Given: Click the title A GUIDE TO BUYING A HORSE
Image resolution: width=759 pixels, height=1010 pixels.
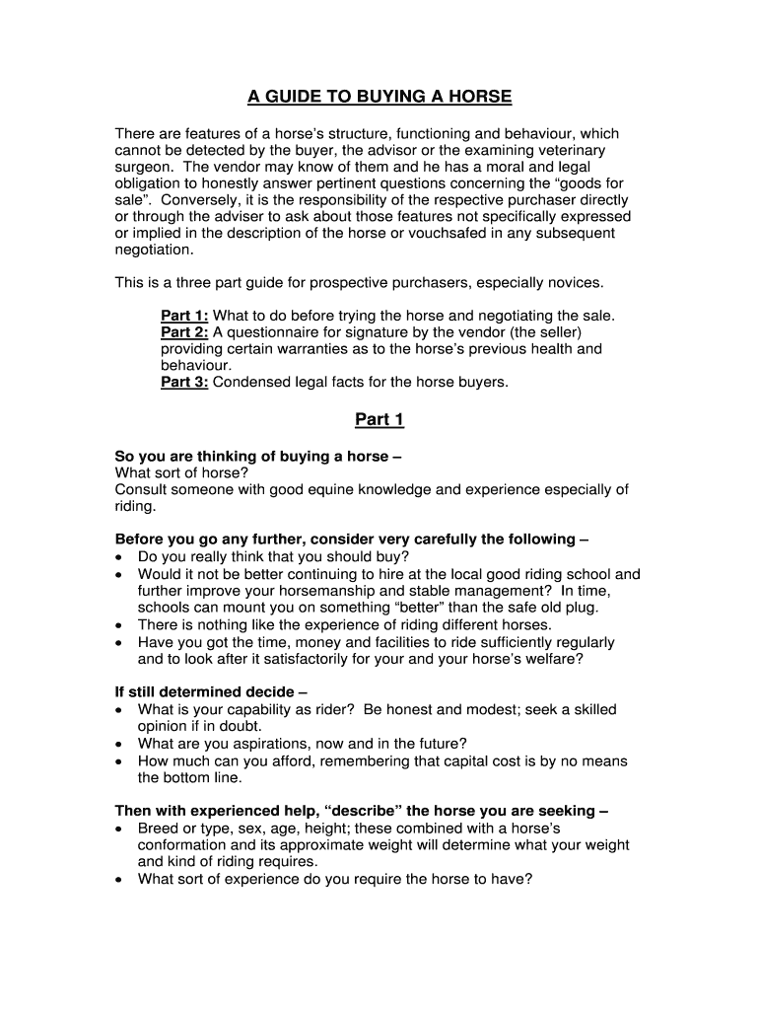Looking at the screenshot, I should [x=379, y=97].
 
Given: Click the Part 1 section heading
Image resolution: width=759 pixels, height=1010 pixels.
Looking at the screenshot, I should [x=379, y=419].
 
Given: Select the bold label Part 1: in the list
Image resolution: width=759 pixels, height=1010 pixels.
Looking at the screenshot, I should [x=184, y=316].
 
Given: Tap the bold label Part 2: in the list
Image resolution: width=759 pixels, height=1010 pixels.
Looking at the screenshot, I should [x=184, y=332].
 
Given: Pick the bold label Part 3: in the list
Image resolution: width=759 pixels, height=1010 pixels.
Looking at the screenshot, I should [x=184, y=383].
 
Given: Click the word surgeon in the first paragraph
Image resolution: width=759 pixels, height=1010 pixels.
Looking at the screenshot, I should [x=143, y=167].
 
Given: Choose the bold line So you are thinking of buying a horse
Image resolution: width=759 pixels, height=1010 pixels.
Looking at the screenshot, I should [x=258, y=457].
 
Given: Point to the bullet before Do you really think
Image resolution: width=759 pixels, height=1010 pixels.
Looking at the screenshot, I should [x=119, y=556].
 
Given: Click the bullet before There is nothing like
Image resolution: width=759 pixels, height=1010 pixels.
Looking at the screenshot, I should [x=119, y=624].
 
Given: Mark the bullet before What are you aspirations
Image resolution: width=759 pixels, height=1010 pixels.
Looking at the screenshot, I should [x=119, y=744].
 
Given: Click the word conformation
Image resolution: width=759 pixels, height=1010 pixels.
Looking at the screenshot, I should [x=184, y=845].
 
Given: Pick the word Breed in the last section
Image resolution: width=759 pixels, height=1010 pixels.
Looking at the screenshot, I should [x=158, y=829].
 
